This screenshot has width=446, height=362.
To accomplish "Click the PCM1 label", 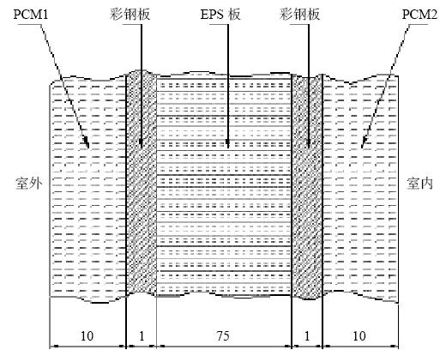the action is (x=31, y=15).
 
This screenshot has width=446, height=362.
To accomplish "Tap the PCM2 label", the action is (x=419, y=15).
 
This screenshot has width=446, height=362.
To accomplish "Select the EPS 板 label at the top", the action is (x=220, y=15).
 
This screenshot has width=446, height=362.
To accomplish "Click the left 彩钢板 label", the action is (x=130, y=15).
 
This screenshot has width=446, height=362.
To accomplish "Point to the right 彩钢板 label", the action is (x=299, y=15).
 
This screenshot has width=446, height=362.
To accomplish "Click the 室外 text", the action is (x=28, y=183).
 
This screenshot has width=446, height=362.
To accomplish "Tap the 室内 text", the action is (x=419, y=183).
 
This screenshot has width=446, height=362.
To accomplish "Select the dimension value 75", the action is (x=223, y=336).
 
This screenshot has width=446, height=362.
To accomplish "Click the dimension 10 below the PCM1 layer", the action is (x=87, y=336).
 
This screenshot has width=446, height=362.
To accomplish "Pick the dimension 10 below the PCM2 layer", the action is (x=359, y=336).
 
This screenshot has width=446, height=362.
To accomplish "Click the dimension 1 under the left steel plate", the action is (x=142, y=336).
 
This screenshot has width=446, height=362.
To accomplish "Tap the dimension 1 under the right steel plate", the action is (x=307, y=336).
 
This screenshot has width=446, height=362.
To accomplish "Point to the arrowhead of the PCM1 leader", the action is (x=87, y=146).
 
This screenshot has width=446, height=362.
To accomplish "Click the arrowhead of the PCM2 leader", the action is (x=363, y=146).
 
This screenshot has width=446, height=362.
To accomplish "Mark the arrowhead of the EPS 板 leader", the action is (x=228, y=146).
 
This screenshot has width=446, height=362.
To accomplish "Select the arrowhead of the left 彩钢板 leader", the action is (x=141, y=146).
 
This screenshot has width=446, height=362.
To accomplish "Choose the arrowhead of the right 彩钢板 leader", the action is (x=309, y=146).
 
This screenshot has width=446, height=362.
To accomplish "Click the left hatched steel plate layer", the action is (x=142, y=184).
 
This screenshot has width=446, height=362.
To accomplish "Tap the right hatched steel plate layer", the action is (x=307, y=186).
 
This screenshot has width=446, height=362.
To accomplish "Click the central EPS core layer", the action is (x=224, y=186).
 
